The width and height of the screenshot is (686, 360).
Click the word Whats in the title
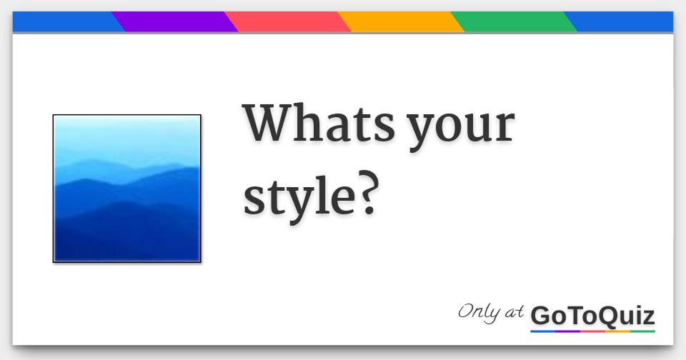click(319, 123)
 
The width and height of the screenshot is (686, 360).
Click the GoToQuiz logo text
click(592, 315)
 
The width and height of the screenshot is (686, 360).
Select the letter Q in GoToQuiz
click(608, 316)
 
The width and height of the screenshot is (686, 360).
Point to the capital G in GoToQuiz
click(542, 315)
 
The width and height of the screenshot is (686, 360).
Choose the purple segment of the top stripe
click(175, 22)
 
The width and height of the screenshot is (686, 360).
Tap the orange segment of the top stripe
click(401, 22)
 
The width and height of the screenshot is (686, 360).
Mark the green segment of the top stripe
click(514, 22)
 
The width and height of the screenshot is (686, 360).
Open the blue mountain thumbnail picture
click(126, 189)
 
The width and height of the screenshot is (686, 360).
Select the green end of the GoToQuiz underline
click(642, 331)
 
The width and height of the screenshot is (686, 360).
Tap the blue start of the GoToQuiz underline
click(542, 331)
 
